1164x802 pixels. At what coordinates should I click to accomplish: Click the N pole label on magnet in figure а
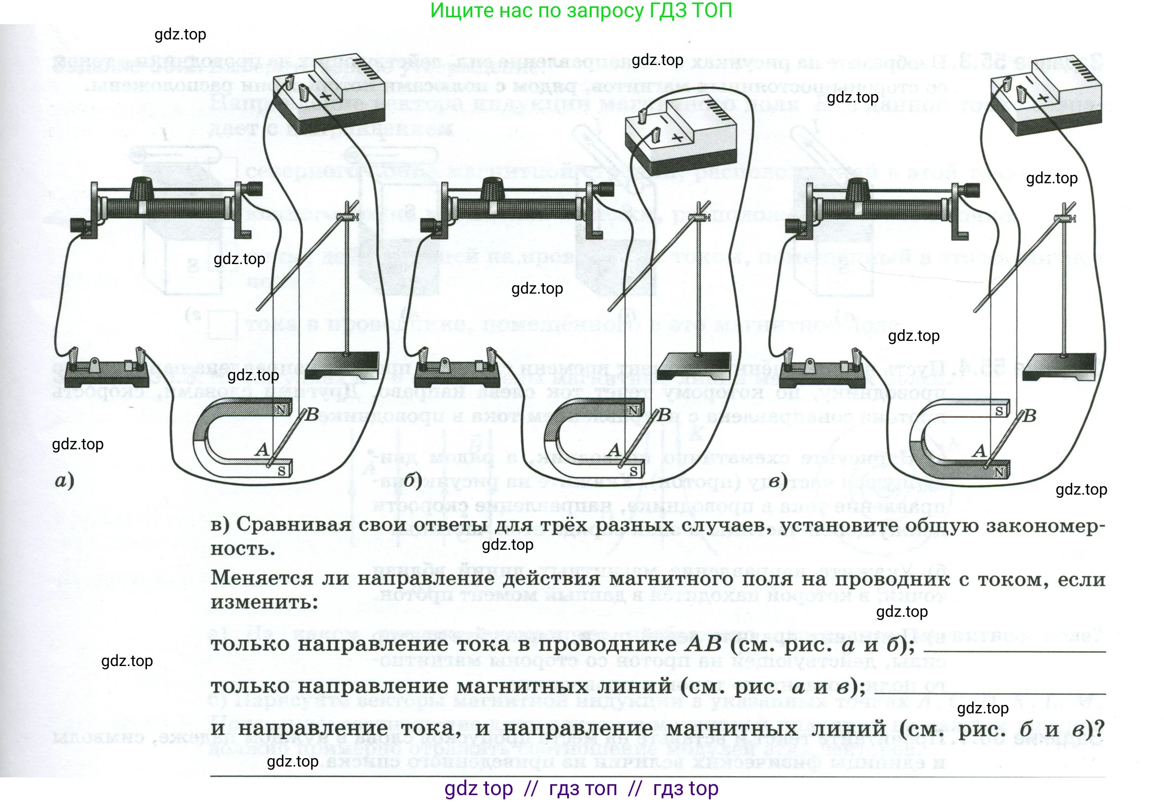pyautogui.click(x=282, y=409)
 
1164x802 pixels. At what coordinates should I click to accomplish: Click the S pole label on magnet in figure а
pyautogui.click(x=282, y=471)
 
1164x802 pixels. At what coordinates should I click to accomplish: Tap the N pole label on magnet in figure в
pyautogui.click(x=999, y=472)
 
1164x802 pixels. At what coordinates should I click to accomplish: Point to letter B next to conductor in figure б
pyautogui.click(x=665, y=415)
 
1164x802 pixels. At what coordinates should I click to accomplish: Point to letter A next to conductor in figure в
pyautogui.click(x=980, y=451)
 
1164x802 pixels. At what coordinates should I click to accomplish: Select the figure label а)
pyautogui.click(x=65, y=481)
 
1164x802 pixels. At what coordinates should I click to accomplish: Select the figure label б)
pyautogui.click(x=413, y=481)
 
